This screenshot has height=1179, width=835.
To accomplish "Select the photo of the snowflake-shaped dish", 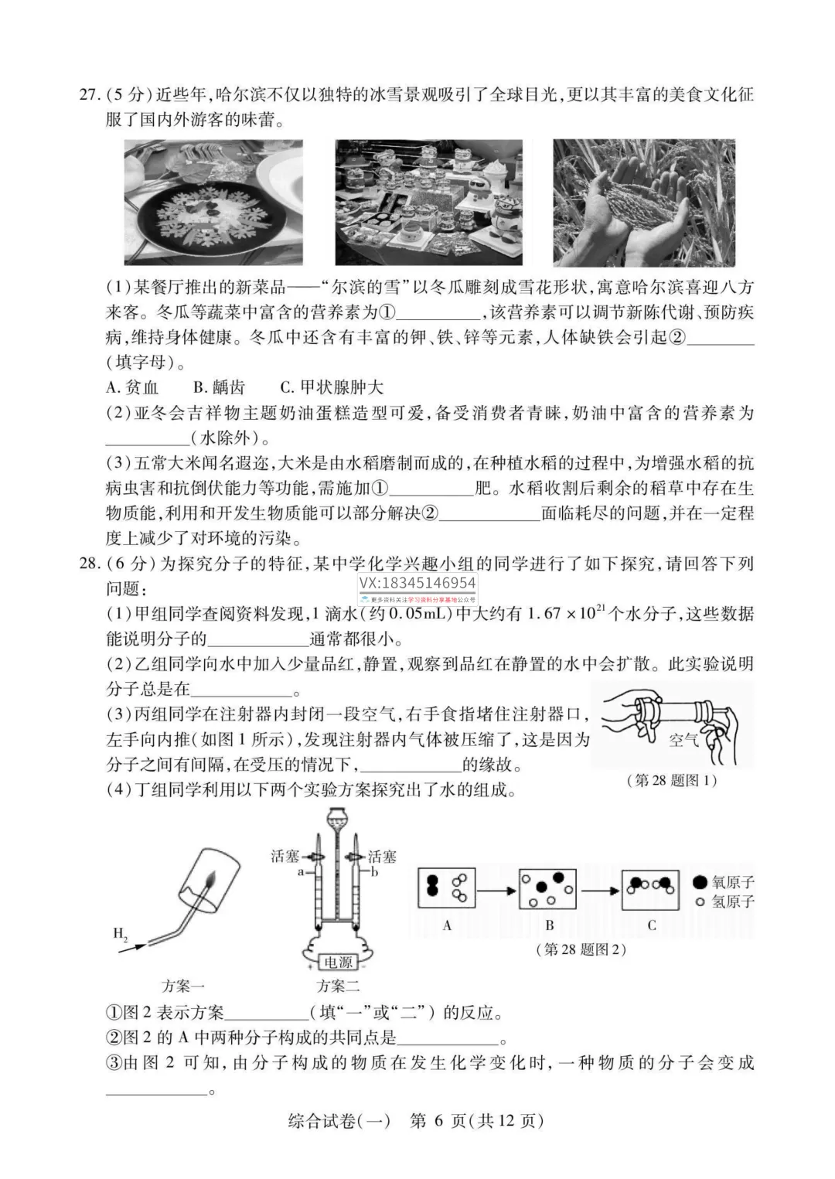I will point(213,202).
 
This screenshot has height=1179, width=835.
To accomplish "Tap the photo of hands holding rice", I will point(643,203).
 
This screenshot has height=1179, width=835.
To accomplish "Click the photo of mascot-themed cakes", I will point(428,203).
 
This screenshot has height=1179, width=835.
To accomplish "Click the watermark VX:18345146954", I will point(417,583).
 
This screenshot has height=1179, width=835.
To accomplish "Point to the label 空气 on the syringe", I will point(683,740).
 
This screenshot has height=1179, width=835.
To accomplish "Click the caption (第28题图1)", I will point(671,780).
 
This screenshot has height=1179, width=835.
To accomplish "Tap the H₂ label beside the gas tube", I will point(121,933).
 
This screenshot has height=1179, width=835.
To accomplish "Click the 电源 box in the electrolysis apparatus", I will point(338,962).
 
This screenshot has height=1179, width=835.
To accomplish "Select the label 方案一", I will point(183,986).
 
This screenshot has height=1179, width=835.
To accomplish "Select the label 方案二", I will point(338,986).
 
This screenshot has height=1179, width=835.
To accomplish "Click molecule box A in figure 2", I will point(447,888).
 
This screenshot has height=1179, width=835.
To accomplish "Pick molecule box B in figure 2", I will point(549,889).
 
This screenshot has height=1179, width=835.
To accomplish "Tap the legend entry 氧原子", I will point(724,882).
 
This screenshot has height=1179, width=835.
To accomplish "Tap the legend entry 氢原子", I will point(724,901).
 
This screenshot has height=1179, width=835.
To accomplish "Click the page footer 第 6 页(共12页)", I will point(476,1121).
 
